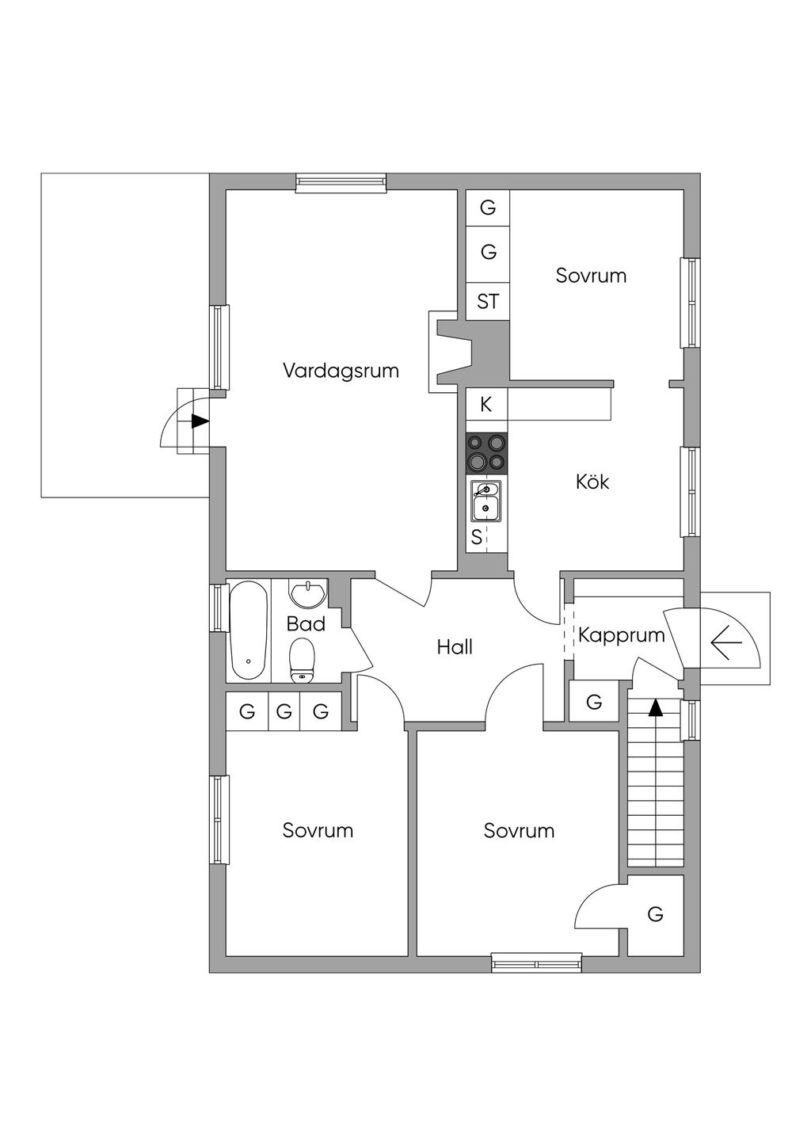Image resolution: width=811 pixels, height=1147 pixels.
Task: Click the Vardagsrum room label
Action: point(341,371)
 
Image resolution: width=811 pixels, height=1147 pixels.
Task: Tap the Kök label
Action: point(592,482)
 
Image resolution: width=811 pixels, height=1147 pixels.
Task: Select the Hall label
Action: point(455,647)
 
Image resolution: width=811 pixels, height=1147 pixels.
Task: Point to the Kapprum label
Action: point(621,634)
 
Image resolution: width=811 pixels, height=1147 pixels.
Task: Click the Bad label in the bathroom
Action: point(306,624)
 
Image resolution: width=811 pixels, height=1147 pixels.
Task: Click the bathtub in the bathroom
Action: point(248,631)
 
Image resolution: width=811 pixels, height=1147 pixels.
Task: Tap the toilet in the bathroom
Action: point(303,661)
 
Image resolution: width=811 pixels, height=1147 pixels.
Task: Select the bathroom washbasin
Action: point(307,593)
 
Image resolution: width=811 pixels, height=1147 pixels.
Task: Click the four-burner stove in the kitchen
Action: point(486,452)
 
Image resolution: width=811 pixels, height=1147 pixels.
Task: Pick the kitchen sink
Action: point(485,501)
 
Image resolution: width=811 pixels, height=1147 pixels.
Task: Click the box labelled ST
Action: point(488,302)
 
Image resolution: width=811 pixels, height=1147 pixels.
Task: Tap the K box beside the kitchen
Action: point(486,405)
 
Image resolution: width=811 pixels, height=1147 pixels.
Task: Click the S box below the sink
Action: point(477,537)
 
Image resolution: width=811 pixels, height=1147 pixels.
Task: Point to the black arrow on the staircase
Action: point(655,707)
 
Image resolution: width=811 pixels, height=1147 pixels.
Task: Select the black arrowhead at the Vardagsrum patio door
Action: point(200,421)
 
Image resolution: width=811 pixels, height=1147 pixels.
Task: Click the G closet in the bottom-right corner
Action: point(655,915)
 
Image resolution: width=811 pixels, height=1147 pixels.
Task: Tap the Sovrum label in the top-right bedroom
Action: point(591,276)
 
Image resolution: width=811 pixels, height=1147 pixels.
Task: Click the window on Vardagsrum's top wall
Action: point(341,183)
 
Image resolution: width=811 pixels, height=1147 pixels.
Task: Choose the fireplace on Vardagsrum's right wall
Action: point(451,352)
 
